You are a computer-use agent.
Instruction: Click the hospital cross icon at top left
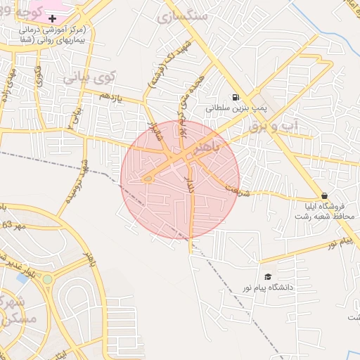[x=53, y=17]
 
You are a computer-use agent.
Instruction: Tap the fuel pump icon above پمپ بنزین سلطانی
[x=234, y=97]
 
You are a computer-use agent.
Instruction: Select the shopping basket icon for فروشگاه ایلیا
[x=323, y=195]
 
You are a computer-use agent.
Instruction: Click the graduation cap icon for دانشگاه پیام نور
[x=267, y=276]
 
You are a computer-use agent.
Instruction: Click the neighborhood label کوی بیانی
[x=87, y=77]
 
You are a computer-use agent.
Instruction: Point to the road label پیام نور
[x=324, y=244]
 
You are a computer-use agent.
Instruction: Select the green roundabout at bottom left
[x=47, y=279]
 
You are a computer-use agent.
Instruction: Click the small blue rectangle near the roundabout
[x=23, y=278]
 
